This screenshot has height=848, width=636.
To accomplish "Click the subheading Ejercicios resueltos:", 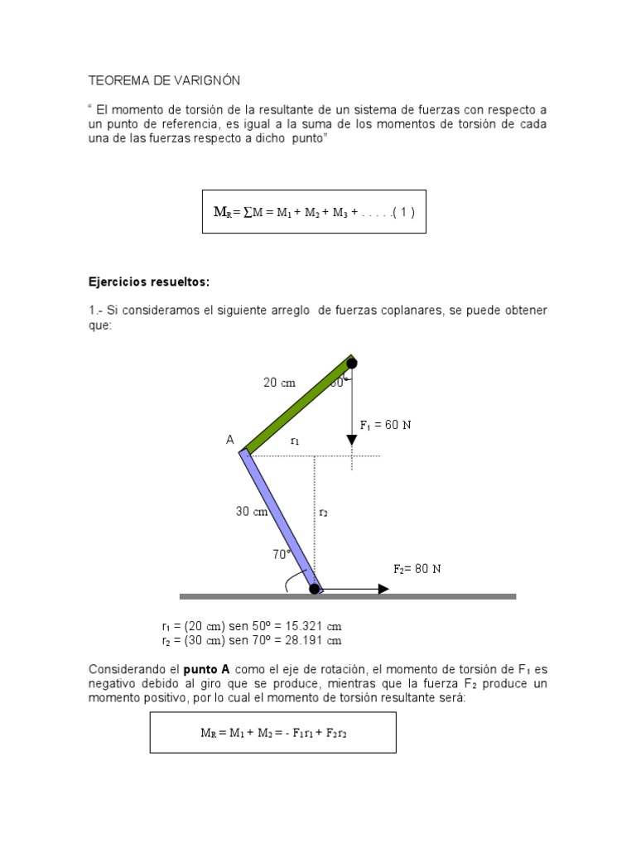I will click(x=149, y=282).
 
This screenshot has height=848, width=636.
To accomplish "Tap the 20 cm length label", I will click(x=279, y=383).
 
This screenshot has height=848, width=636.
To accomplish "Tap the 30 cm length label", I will click(x=252, y=512).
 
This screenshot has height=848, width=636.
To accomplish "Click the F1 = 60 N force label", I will click(x=385, y=425).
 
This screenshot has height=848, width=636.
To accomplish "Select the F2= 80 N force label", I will click(x=417, y=569).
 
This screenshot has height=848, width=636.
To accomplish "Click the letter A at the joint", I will click(x=230, y=441).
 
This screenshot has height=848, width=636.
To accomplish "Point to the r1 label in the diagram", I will click(x=295, y=441).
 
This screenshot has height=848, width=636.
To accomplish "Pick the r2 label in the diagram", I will click(x=323, y=513).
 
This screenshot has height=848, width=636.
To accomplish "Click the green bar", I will click(x=298, y=406).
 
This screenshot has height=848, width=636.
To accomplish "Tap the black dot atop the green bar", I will click(x=352, y=363).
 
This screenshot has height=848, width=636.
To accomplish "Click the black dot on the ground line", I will click(x=315, y=589).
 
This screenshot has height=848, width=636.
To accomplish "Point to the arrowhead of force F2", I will click(x=383, y=589).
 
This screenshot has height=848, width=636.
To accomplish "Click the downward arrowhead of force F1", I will click(x=352, y=448).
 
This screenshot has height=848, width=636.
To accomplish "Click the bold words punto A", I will click(x=207, y=669).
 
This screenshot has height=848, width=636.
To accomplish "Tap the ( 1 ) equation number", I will click(x=401, y=212).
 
